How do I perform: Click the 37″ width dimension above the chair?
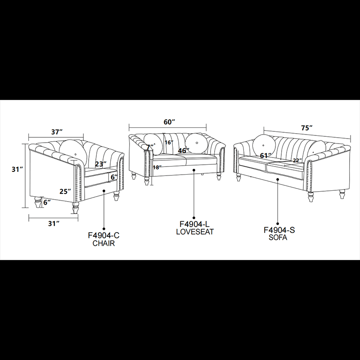pyautogui.click(x=57, y=132)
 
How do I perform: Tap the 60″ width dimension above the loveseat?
pyautogui.click(x=169, y=122)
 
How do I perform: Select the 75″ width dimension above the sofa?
pyautogui.click(x=307, y=128)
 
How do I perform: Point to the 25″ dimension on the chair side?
pyautogui.click(x=65, y=191)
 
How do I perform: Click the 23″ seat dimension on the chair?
pyautogui.click(x=101, y=164)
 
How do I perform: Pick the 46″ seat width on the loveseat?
pyautogui.click(x=184, y=151)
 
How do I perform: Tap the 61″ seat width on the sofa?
pyautogui.click(x=265, y=156)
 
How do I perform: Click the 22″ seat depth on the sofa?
pyautogui.click(x=297, y=161)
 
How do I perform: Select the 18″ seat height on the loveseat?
pyautogui.click(x=157, y=167)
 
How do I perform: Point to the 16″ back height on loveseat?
pyautogui.click(x=169, y=142)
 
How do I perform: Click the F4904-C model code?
pyautogui.click(x=104, y=235)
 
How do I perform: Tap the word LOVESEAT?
pyautogui.click(x=195, y=232)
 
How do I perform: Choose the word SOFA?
pyautogui.click(x=278, y=238)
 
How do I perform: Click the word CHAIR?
pyautogui.click(x=103, y=243)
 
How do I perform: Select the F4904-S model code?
pyautogui.click(x=279, y=230)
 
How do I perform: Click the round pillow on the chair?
pyautogui.click(x=73, y=152)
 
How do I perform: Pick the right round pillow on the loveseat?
pyautogui.click(x=196, y=144)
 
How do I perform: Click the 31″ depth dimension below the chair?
pyautogui.click(x=54, y=223)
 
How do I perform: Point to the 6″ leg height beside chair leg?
pyautogui.click(x=47, y=202)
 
